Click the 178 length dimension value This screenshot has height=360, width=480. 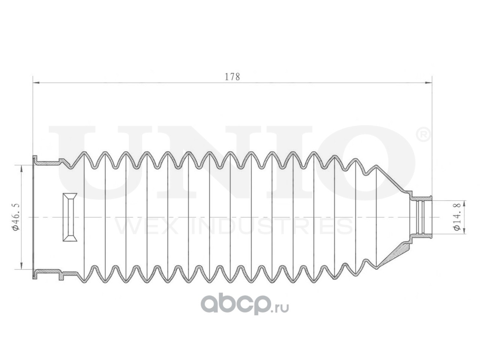(232, 77)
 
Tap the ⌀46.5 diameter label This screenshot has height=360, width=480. (16, 217)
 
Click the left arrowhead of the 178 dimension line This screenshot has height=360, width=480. (36, 83)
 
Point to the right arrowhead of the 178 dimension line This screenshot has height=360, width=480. (428, 83)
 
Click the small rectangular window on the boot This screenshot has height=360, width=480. (70, 217)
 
